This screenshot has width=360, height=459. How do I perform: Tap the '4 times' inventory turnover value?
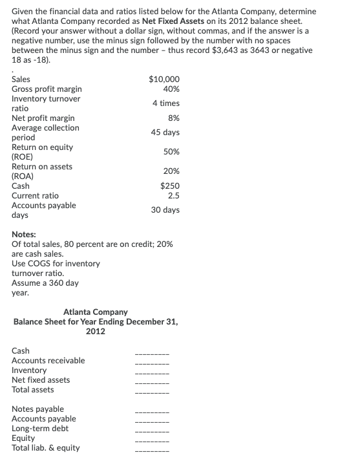166,103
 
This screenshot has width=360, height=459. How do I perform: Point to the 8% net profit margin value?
173,118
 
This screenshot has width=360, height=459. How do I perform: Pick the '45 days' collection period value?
166,133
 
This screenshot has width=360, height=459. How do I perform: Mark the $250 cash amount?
169,186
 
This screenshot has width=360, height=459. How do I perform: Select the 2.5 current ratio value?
173,195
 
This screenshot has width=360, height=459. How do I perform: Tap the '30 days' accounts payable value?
166,210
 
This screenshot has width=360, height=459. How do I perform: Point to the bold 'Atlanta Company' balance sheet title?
95,312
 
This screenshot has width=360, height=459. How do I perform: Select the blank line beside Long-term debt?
152,429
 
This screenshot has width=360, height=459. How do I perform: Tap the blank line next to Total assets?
152,390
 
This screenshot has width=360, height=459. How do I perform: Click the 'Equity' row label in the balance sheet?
24,438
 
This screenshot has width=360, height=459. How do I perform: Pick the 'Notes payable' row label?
38,409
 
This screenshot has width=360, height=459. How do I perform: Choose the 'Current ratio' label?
36,195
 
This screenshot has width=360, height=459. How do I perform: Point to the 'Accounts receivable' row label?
48,360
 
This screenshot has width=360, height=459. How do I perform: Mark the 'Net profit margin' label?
43,118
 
